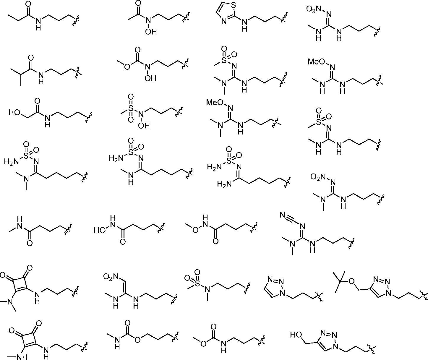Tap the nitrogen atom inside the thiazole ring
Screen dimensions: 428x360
(x=224, y=21)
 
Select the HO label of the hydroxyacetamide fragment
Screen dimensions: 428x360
(x=14, y=112)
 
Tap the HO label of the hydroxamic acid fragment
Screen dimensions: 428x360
(x=100, y=230)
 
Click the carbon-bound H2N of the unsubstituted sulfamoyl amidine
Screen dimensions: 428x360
(x=223, y=184)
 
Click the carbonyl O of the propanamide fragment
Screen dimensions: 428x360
(x=29, y=4)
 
